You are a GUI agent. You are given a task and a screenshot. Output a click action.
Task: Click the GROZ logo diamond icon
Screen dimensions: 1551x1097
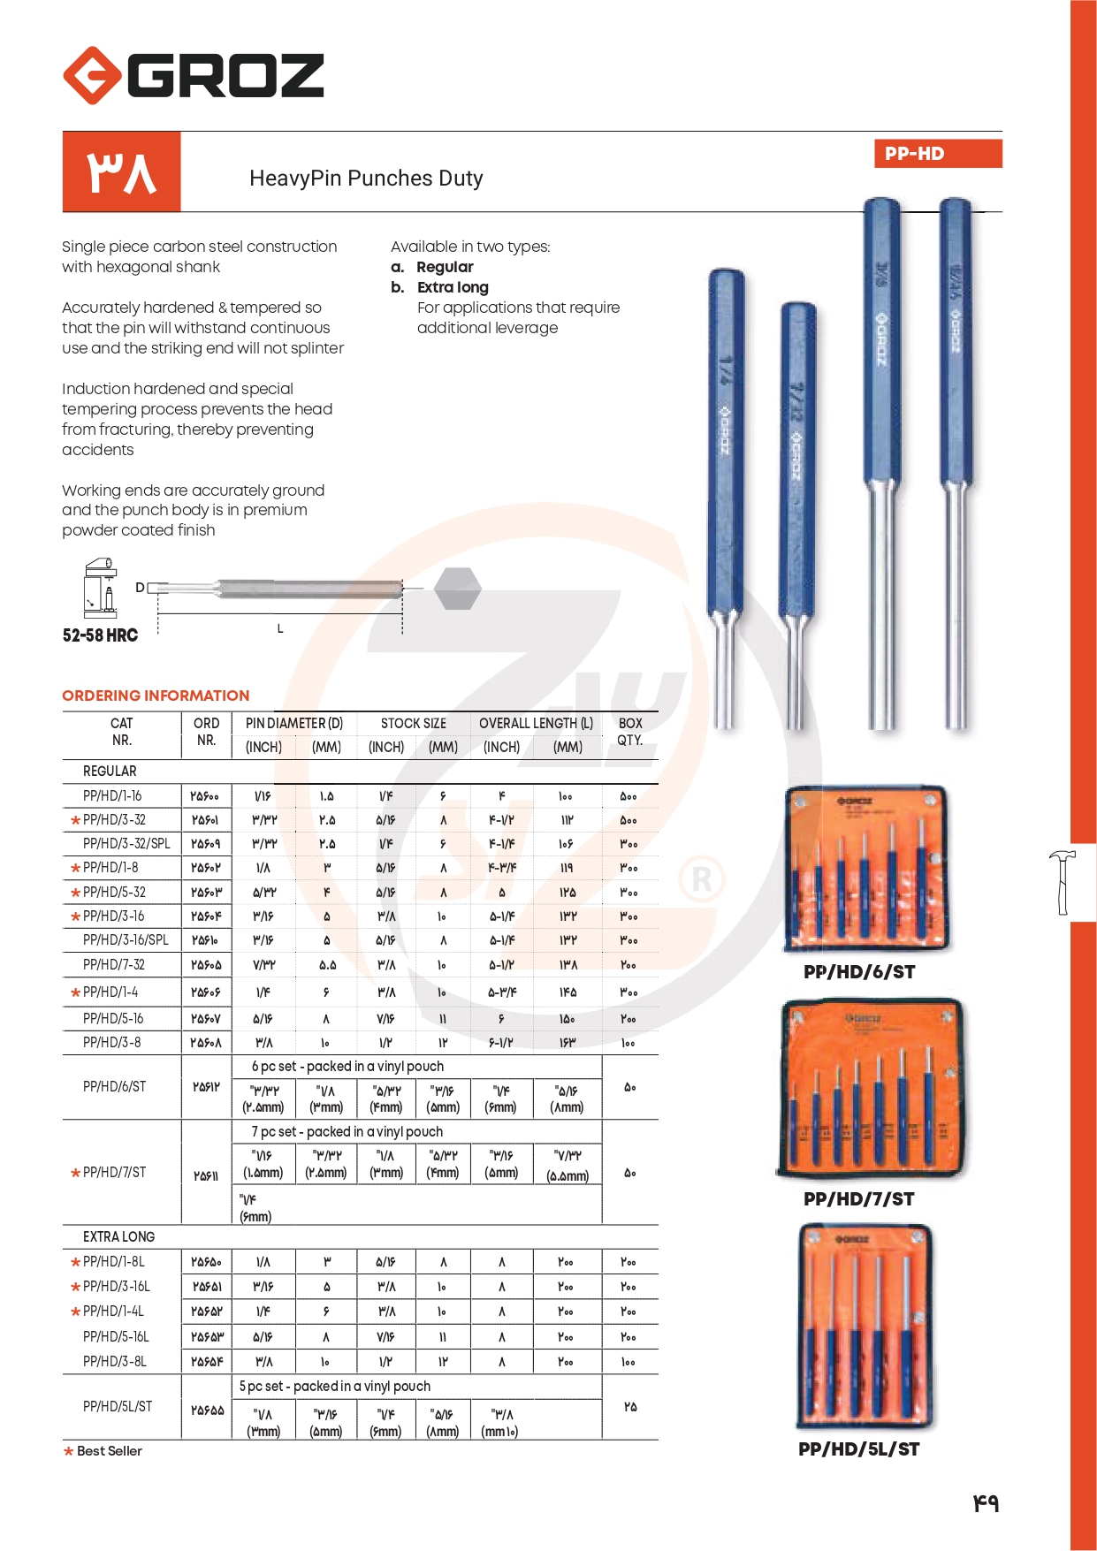(x=92, y=75)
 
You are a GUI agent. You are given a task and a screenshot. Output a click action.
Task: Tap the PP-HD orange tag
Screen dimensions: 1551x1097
(x=937, y=153)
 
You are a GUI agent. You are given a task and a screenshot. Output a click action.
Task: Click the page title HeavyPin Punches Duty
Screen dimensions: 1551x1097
(x=366, y=179)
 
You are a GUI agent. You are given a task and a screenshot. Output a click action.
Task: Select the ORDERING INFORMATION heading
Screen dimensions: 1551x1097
(x=156, y=696)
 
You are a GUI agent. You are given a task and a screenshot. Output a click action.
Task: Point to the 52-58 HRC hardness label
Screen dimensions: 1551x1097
(x=100, y=635)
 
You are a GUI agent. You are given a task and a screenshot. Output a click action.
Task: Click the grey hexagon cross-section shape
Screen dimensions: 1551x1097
(x=458, y=589)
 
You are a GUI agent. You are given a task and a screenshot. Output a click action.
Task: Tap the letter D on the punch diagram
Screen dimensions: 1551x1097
(x=140, y=588)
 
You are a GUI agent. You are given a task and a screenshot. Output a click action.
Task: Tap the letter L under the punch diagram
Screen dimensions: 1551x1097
(x=280, y=628)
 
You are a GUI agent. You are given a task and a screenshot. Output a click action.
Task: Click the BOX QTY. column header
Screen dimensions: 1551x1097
(x=629, y=732)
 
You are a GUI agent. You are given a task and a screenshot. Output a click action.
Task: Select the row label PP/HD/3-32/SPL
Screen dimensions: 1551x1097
(x=126, y=844)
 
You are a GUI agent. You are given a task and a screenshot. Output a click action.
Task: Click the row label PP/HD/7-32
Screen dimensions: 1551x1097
(x=113, y=965)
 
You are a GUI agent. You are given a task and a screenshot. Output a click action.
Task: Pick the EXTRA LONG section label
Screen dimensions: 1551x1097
(x=118, y=1237)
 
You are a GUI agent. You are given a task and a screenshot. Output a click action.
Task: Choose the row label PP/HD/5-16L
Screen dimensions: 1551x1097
(x=116, y=1337)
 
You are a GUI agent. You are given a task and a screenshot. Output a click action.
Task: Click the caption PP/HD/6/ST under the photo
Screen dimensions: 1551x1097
(x=858, y=972)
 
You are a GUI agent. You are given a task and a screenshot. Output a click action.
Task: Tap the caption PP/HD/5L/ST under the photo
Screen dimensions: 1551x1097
(x=858, y=1449)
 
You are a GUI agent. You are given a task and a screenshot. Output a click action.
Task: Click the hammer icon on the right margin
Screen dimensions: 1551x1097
(x=1063, y=881)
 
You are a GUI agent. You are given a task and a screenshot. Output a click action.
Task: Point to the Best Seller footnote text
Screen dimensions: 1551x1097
(x=109, y=1451)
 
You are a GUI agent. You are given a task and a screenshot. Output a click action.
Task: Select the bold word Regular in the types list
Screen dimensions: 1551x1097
(x=445, y=267)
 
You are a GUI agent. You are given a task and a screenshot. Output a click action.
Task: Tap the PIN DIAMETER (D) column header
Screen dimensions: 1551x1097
(x=293, y=723)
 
